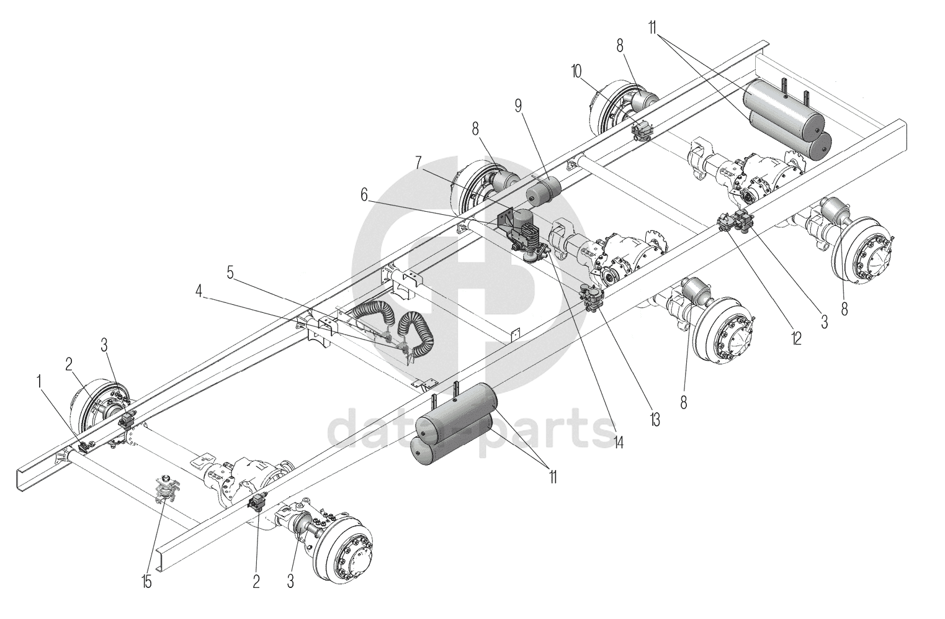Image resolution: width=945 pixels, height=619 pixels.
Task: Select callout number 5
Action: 230,272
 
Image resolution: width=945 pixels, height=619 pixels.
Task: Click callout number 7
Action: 419,162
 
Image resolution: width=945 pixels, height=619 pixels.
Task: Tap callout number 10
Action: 576,70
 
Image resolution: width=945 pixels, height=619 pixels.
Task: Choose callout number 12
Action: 796,338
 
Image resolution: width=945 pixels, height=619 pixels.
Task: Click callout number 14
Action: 618,442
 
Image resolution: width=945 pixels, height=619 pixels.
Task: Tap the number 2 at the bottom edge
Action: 256,581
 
